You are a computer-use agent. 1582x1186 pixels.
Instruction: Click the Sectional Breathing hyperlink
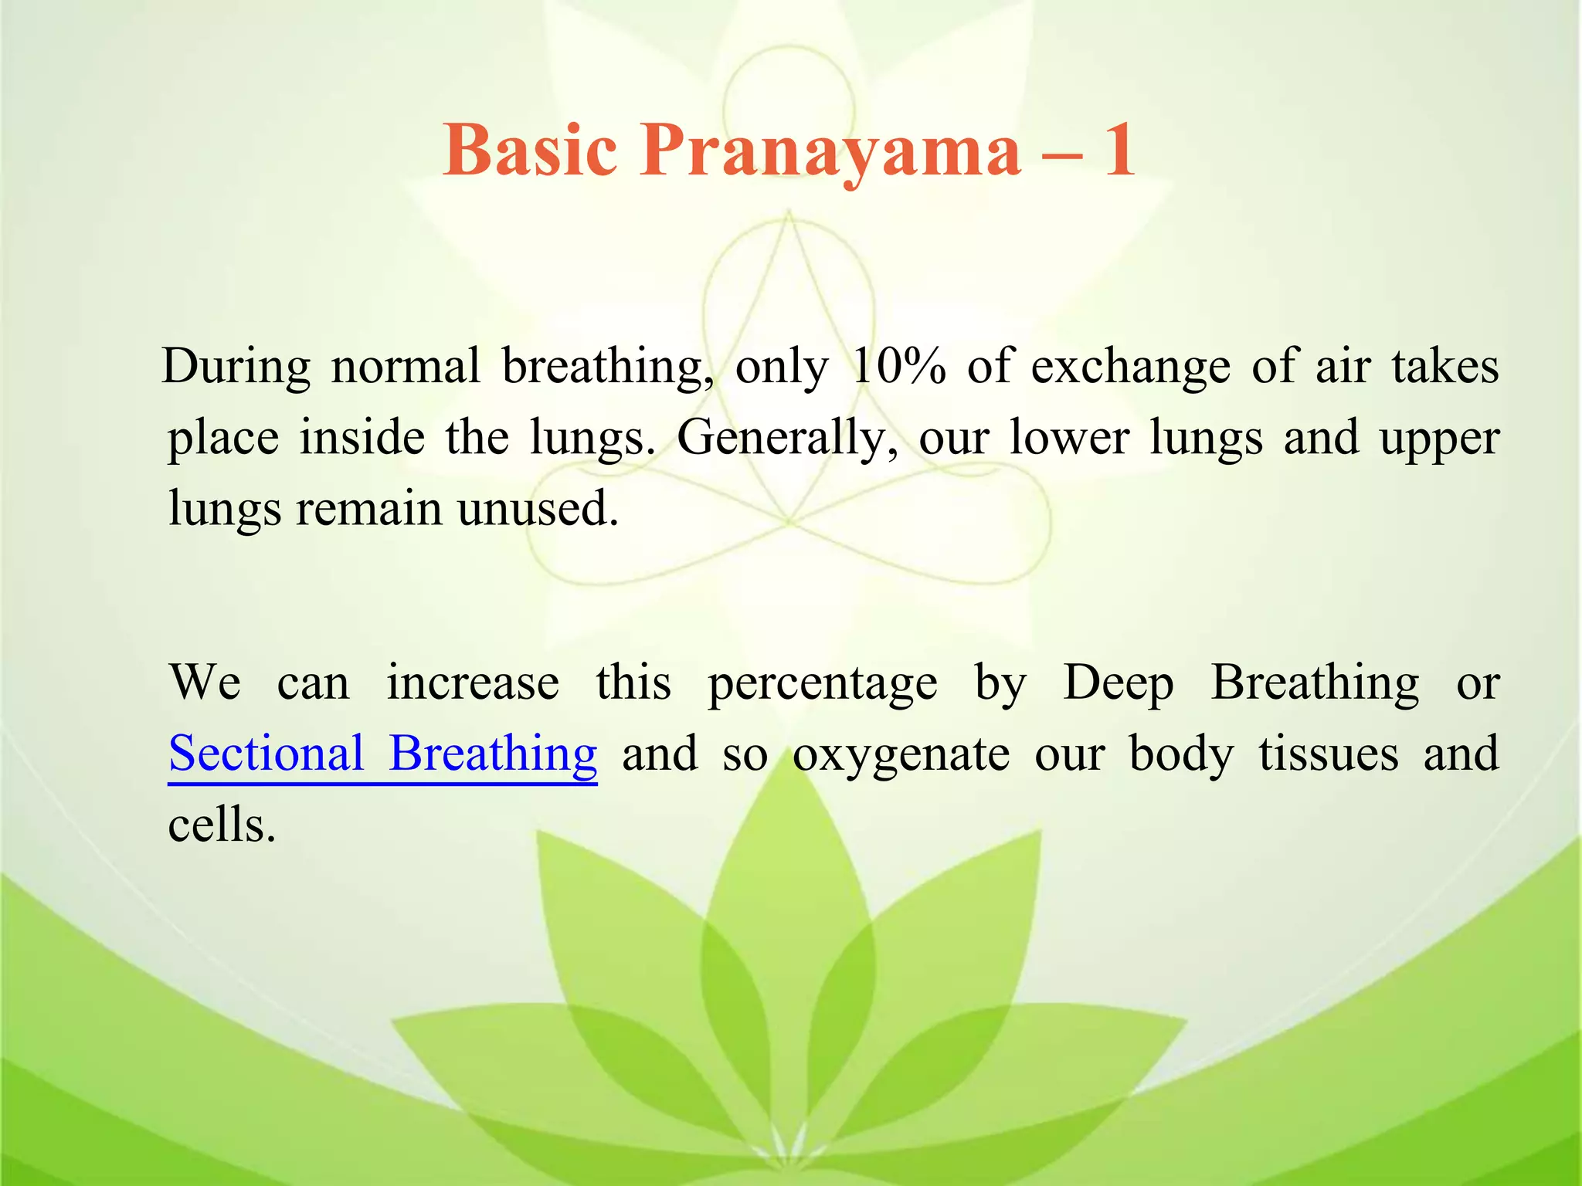tap(382, 753)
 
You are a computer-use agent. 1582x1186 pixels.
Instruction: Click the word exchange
tap(1130, 367)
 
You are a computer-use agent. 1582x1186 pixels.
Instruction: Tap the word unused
tap(538, 509)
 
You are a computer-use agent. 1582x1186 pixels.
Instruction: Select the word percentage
tap(822, 683)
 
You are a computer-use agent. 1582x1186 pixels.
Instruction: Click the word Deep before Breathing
tap(1118, 683)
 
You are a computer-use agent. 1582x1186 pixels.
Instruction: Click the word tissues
tap(1328, 753)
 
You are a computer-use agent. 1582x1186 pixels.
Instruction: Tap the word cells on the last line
tap(221, 824)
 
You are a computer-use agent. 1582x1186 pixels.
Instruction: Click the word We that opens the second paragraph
tap(205, 682)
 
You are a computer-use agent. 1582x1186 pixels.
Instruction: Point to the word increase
tap(472, 682)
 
